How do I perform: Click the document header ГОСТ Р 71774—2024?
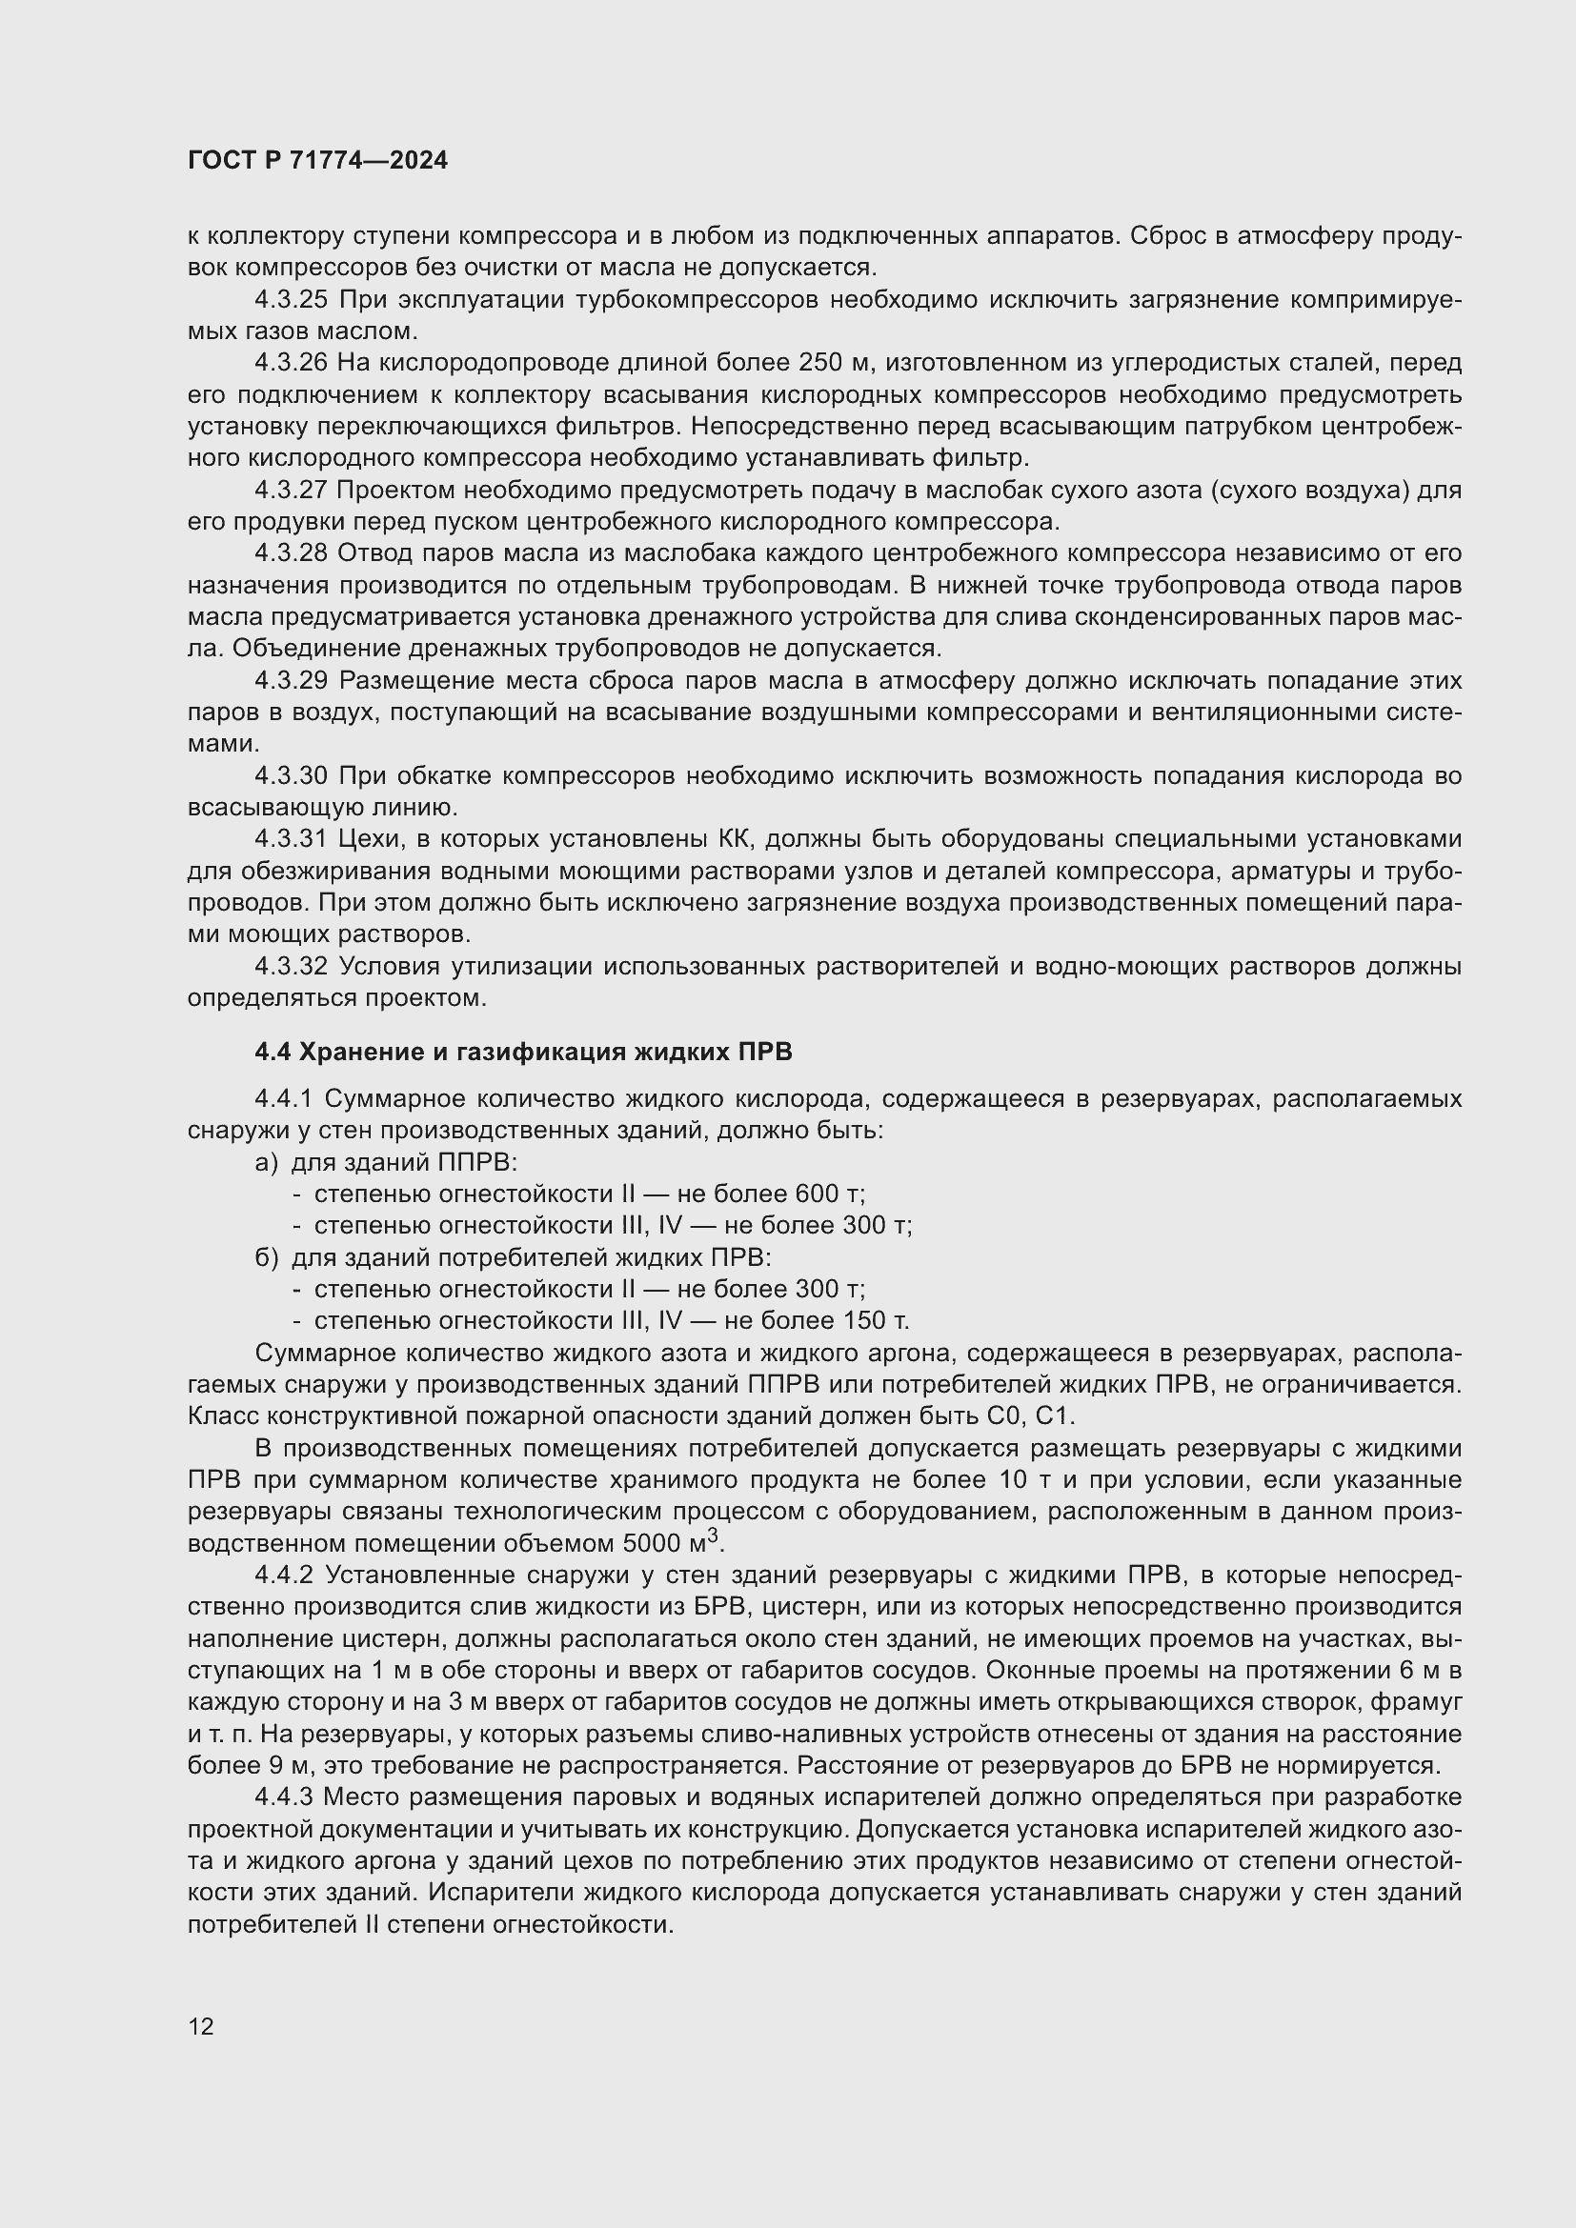pos(317,161)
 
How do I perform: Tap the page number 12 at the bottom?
pos(201,2026)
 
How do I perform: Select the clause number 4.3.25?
pos(292,300)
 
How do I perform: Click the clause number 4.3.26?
pos(292,363)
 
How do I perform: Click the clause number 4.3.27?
pos(292,490)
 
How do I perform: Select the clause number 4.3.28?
pos(292,553)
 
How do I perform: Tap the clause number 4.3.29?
pos(292,680)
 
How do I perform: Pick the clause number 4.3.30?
pos(292,775)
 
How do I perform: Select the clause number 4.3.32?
pos(292,967)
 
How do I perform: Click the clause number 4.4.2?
pos(283,1575)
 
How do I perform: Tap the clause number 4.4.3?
pos(283,1797)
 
